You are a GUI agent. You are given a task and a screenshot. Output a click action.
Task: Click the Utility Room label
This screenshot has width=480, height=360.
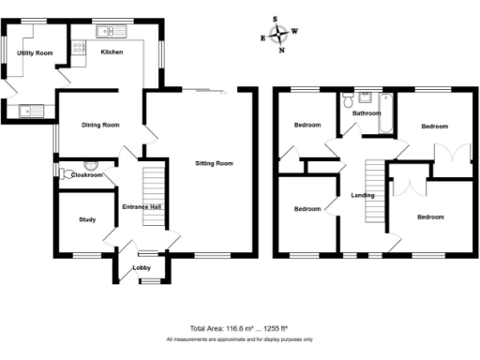click(35, 53)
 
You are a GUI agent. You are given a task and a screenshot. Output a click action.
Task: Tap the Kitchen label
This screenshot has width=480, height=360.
click(112, 52)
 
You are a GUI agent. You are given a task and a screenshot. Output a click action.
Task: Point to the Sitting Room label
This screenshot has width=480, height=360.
click(213, 162)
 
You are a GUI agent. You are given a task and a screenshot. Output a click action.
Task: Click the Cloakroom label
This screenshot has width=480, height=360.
click(86, 174)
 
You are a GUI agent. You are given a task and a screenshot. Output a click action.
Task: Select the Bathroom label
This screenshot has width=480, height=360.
click(366, 113)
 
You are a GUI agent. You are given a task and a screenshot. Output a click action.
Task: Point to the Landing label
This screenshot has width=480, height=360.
click(362, 195)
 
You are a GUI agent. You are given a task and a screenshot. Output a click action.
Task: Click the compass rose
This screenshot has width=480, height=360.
click(280, 35)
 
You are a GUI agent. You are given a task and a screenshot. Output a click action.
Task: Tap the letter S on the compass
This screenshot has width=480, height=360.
click(276, 19)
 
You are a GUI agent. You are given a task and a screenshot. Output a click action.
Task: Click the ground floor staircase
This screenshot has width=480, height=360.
click(153, 193)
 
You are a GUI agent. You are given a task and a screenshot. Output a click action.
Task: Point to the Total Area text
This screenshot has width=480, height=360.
click(240, 328)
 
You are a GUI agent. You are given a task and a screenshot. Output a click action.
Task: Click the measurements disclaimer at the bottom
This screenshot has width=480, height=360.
click(240, 339)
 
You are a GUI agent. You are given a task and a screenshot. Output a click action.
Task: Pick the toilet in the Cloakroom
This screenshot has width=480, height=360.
click(66, 175)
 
